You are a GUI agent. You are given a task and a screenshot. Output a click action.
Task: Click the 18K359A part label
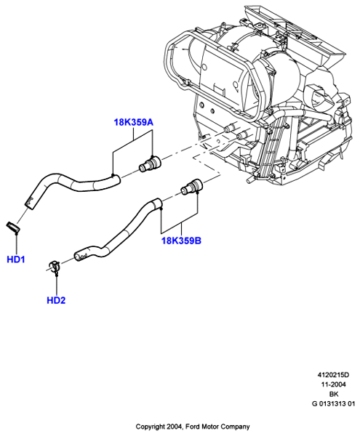point(134,122)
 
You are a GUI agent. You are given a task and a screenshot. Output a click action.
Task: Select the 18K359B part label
point(181,241)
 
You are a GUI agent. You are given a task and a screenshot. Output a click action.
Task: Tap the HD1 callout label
point(16,259)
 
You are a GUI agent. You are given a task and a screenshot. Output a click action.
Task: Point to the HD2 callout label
point(56,300)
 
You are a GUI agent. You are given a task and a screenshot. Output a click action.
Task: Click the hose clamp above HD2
point(55,267)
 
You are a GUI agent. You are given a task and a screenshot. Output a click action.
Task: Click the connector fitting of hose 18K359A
point(149,164)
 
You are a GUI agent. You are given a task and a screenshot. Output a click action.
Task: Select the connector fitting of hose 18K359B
point(192,186)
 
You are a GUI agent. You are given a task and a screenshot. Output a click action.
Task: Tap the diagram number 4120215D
point(333,375)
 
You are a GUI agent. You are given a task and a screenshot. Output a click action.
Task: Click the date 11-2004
point(333,384)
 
